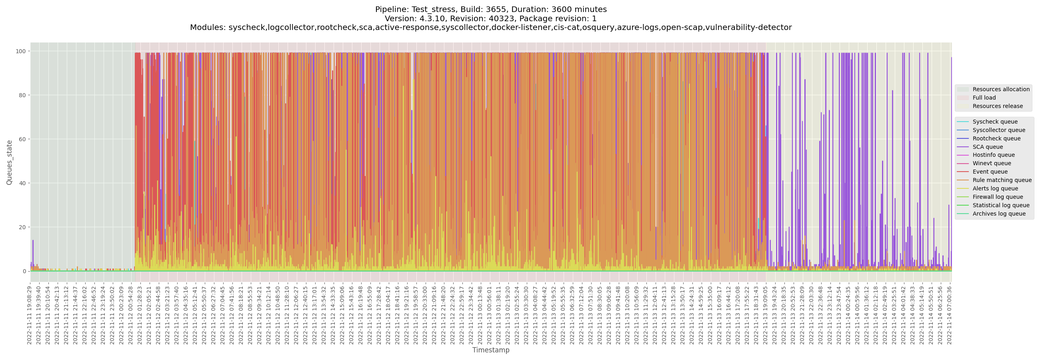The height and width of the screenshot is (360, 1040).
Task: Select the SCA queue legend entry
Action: [988, 147]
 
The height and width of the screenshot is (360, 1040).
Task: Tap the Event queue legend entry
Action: [990, 172]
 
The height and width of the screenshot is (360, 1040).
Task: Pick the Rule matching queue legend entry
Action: [1002, 180]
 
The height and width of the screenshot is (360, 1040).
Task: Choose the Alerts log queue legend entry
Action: [995, 189]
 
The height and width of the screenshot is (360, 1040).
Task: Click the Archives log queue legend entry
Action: [999, 214]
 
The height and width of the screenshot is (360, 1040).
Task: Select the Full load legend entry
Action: [984, 98]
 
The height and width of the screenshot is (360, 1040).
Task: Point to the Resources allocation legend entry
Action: [1001, 89]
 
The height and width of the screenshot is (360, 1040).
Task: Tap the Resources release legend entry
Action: [998, 106]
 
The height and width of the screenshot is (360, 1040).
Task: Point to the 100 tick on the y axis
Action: [20, 51]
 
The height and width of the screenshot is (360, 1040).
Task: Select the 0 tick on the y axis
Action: [24, 271]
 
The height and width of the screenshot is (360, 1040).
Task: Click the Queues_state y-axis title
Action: [9, 163]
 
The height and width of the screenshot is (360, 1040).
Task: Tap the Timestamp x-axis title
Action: [490, 350]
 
